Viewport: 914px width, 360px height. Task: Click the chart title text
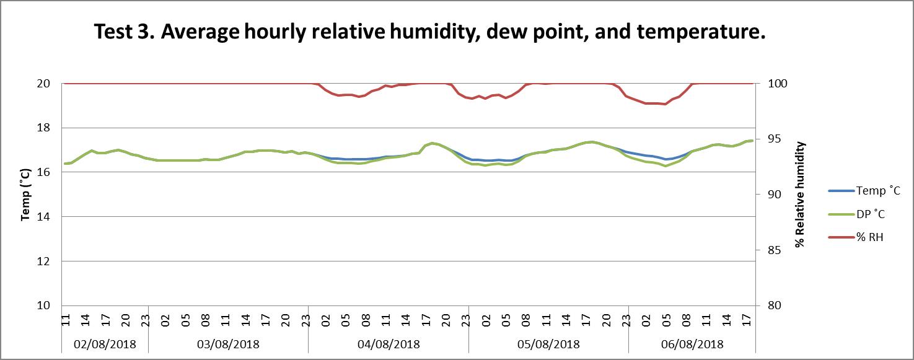[x=429, y=32]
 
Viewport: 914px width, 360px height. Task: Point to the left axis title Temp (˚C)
[x=25, y=195]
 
